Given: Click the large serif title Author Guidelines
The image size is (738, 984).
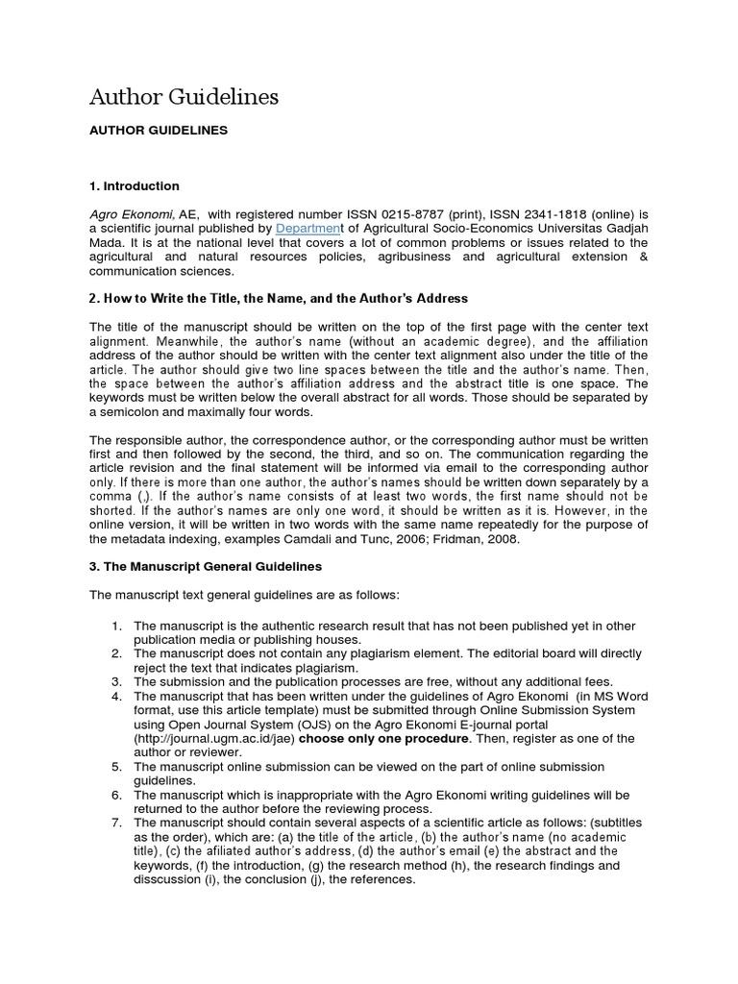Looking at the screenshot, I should tap(184, 97).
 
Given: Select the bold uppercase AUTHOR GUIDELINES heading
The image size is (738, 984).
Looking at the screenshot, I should tap(159, 130).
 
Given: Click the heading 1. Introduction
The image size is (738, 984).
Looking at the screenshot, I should tap(135, 185).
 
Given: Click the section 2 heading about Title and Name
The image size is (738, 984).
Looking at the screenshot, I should tap(279, 299).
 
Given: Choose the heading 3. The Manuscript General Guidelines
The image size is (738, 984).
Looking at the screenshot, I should tap(206, 567).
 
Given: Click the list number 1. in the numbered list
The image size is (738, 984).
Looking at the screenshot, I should tap(116, 627).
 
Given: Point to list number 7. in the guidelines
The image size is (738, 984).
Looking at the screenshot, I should tap(116, 823).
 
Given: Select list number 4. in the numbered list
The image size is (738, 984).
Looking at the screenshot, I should tap(116, 696).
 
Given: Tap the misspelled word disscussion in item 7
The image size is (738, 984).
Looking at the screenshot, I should tap(169, 878).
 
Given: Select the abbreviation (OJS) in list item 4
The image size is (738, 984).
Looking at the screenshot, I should tap(309, 725).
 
